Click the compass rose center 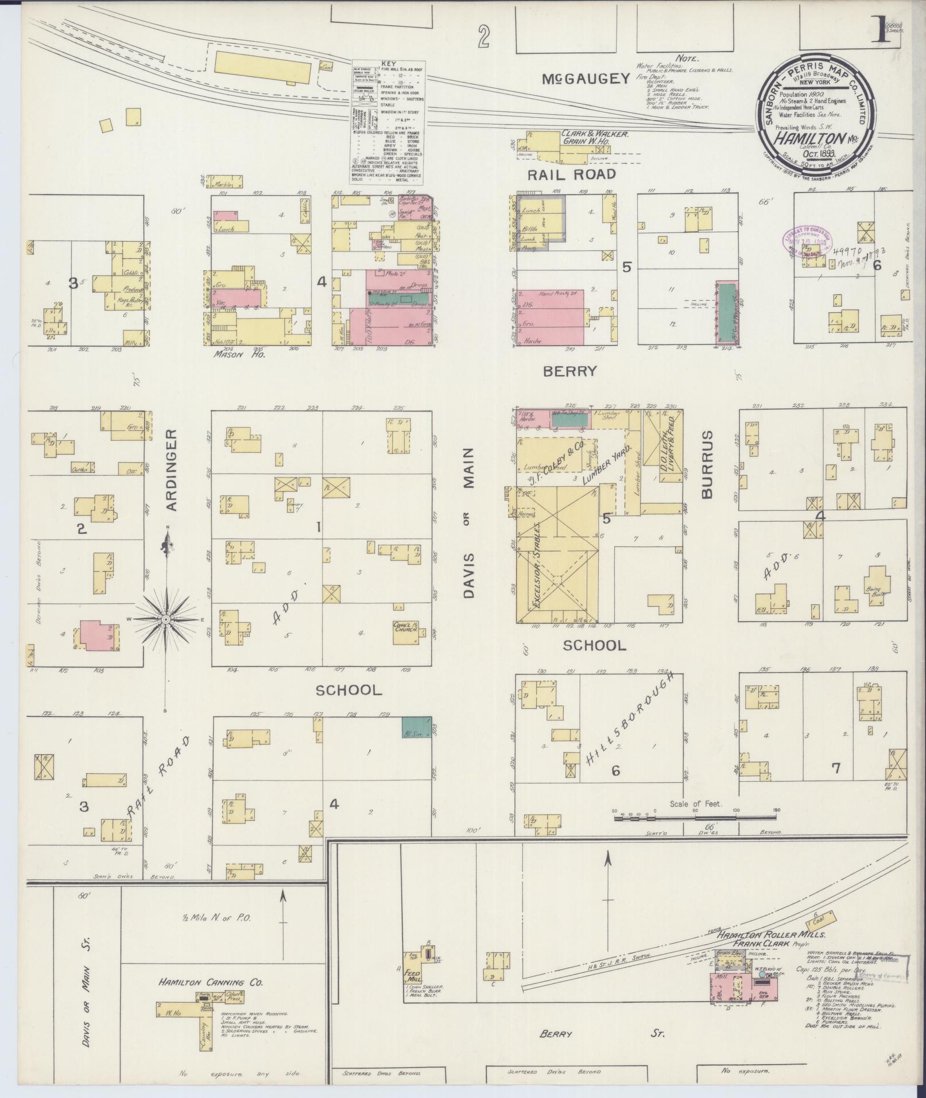pos(165,619)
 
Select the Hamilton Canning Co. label pos(211,982)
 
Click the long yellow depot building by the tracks pos(265,68)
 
